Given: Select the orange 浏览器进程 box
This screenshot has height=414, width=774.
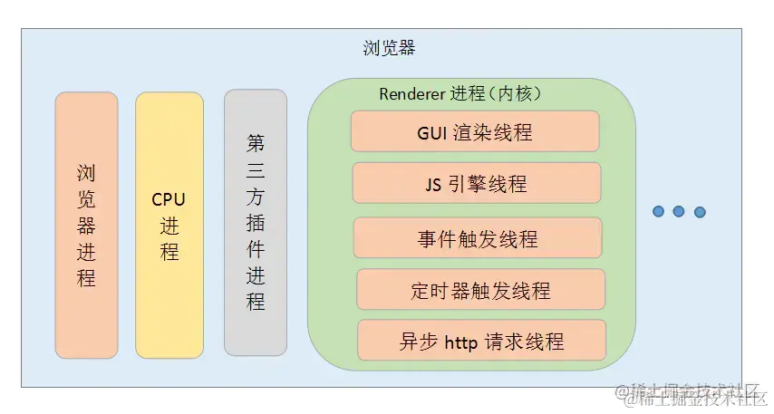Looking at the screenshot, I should coord(86,225).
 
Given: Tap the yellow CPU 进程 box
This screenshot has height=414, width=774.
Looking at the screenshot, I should coord(169,225).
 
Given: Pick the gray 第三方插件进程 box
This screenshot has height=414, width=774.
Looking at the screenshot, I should coord(256,222).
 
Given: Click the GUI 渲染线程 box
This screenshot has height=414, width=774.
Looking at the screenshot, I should coord(475,131).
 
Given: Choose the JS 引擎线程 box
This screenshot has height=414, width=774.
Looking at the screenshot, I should coord(476,184).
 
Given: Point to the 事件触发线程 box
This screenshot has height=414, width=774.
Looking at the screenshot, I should coord(478,238).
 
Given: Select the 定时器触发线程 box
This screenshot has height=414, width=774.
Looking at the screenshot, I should coord(480,290).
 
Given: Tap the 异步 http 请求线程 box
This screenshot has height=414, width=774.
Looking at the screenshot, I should coord(481,341).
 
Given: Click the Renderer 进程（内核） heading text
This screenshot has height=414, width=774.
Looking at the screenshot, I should coord(460,94).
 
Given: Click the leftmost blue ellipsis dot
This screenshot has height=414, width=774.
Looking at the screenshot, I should coord(659,212).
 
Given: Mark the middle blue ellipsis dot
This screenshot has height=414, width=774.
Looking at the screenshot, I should coord(679,212).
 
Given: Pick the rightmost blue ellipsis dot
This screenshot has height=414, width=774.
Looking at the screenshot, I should coord(699,212).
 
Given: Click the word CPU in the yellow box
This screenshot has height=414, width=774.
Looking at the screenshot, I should coord(169,200).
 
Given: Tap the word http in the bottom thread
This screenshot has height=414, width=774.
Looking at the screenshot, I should coord(467,342).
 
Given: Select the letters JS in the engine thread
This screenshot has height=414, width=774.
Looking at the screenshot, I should coord(433,185).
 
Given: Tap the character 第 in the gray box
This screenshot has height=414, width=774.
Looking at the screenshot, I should coord(256,143).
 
